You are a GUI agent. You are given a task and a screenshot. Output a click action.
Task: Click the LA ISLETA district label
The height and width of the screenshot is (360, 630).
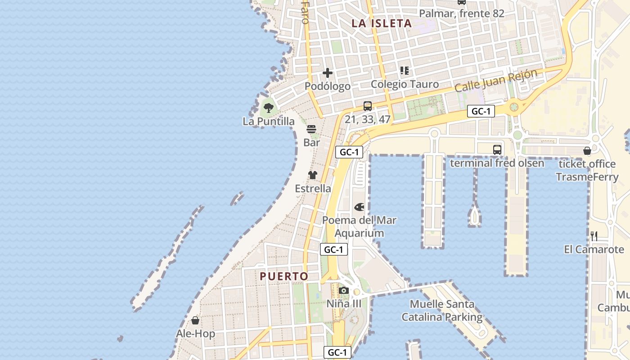click(x=382, y=23)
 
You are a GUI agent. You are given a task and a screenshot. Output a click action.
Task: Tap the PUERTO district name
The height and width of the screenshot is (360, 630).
click(x=284, y=276)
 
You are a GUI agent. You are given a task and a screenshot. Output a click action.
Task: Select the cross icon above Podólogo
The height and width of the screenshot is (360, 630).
click(x=328, y=73)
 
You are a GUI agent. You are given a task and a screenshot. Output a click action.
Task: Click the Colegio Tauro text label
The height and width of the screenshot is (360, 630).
click(x=405, y=84)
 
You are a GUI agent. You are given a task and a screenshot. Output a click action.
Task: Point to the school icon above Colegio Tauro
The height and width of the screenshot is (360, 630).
click(x=405, y=71)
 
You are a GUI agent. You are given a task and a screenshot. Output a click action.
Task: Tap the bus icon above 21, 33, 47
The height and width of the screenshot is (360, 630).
click(x=368, y=106)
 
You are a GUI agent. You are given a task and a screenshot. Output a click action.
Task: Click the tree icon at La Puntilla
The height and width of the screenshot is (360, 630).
click(x=269, y=108)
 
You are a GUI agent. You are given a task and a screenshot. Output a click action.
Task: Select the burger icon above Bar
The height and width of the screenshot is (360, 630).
click(x=311, y=130)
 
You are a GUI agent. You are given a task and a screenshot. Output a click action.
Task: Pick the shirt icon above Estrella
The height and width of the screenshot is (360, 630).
click(x=313, y=175)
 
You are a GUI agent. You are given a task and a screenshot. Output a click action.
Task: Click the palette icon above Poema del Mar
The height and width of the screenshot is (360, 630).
click(x=359, y=207)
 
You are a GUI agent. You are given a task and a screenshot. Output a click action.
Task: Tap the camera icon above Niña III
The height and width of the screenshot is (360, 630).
click(x=344, y=290)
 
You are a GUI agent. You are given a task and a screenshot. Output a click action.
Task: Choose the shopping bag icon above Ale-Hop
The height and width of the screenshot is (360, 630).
click(x=195, y=320)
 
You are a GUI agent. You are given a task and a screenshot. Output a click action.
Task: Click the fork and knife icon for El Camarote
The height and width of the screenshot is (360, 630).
click(x=594, y=236)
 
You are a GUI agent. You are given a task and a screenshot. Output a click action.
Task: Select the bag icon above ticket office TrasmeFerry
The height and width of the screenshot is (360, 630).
click(x=587, y=151)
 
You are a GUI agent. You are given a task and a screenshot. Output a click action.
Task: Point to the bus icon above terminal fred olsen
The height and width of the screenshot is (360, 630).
click(x=497, y=150)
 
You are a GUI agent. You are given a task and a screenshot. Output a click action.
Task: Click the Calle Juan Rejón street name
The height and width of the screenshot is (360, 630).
click(x=496, y=81)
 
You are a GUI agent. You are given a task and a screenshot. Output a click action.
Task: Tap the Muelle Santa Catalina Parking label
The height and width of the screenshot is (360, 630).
click(x=442, y=310)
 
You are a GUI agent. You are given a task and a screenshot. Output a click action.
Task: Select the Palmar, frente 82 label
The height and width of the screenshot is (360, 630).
click(x=462, y=13)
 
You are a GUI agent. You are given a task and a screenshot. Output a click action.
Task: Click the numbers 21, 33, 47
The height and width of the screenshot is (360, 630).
click(x=368, y=119)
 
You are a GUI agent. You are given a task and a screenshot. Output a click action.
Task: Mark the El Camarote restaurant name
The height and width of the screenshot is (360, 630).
click(x=594, y=249)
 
